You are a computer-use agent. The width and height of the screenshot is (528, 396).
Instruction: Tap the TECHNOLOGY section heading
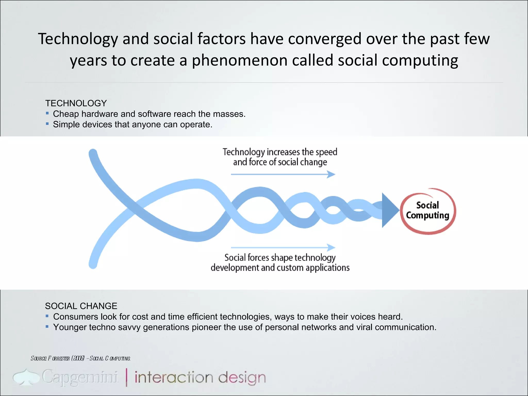[76, 103]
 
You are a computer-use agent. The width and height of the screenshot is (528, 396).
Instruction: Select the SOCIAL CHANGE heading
[81, 306]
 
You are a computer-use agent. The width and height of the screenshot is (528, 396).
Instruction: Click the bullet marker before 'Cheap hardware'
[47, 113]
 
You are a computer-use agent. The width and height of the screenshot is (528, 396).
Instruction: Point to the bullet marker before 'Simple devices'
[47, 124]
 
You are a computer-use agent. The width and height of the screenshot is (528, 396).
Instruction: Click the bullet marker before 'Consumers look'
[47, 316]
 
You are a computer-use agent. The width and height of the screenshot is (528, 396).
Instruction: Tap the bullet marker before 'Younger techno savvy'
[47, 326]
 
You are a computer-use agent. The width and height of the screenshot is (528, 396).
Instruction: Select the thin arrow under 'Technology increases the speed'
[283, 175]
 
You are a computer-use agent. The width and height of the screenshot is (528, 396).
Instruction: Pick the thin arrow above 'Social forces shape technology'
[283, 247]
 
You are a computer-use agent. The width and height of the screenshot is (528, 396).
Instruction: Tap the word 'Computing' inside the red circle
[427, 216]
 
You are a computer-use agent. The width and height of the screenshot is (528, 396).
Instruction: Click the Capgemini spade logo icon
[26, 377]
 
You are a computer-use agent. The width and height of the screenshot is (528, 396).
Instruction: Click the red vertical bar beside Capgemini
[127, 377]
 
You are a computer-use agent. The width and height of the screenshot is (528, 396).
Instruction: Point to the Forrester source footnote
[80, 358]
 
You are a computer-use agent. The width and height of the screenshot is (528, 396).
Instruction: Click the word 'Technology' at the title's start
[78, 39]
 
